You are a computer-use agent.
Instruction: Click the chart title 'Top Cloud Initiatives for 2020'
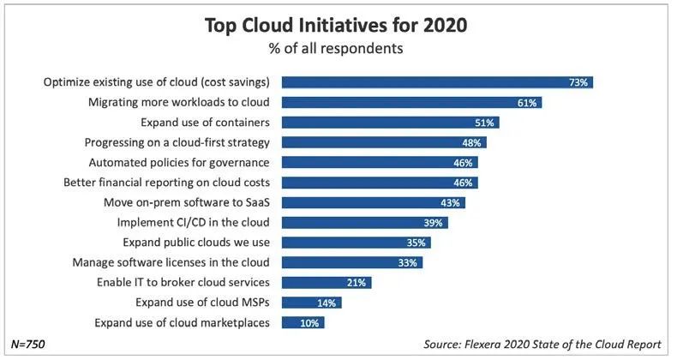click(x=335, y=26)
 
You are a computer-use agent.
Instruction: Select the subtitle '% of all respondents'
click(x=335, y=49)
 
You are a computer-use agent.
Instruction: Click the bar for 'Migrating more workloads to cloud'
click(x=411, y=103)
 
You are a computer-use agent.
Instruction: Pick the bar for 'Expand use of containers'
click(x=390, y=123)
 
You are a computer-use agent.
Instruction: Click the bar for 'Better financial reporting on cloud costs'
click(x=380, y=183)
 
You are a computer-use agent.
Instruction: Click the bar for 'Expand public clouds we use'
click(x=356, y=243)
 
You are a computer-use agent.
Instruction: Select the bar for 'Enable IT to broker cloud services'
click(x=327, y=283)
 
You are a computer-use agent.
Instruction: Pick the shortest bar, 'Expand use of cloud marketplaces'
click(x=303, y=322)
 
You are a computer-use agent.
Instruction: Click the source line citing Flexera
click(x=542, y=344)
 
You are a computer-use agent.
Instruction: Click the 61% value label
click(x=527, y=103)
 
